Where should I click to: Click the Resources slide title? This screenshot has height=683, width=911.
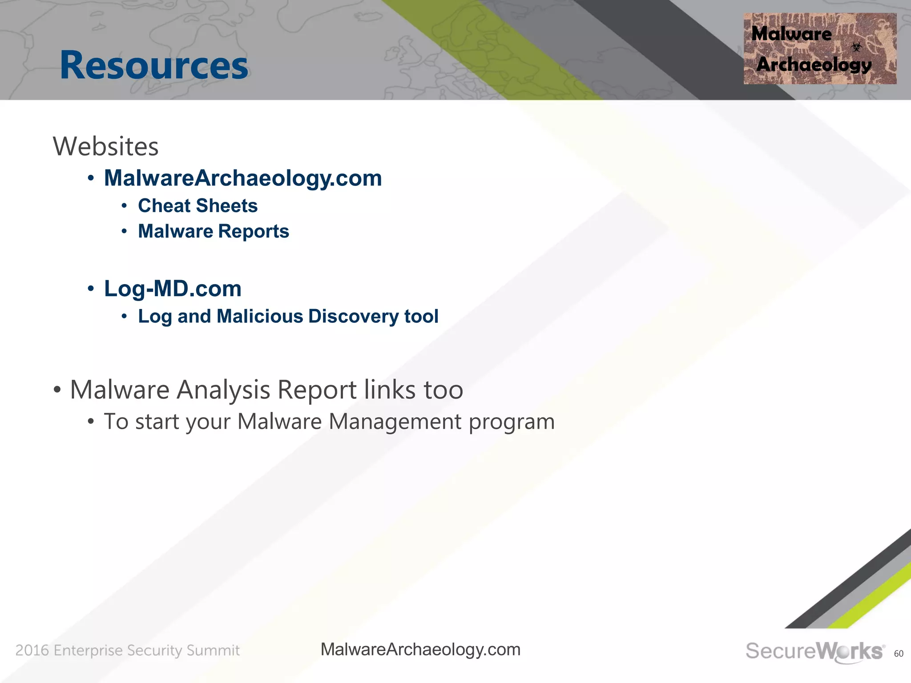coord(154,65)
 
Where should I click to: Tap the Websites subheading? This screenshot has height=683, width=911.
coord(105,146)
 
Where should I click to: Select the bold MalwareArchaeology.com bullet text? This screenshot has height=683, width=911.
coord(243,178)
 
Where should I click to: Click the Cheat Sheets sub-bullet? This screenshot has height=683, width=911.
coord(198,206)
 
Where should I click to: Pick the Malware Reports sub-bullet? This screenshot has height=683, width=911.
coord(214,231)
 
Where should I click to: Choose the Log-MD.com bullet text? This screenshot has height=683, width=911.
coord(173,289)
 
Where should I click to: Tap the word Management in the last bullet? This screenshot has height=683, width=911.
coord(395,422)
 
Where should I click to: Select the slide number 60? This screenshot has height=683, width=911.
coord(899,654)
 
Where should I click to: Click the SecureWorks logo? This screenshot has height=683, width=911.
coord(814,651)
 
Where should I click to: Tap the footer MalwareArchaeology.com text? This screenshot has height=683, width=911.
coord(420,650)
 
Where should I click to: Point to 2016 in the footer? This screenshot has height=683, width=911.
coord(32,651)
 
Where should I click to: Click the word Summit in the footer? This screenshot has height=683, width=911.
coord(213,651)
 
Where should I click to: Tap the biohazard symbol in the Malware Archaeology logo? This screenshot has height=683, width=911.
coord(856,47)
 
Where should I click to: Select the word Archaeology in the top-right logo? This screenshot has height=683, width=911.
coord(814,65)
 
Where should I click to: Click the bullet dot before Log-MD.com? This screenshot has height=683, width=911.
coord(91,289)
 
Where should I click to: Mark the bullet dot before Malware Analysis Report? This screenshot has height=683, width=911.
coord(57,390)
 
